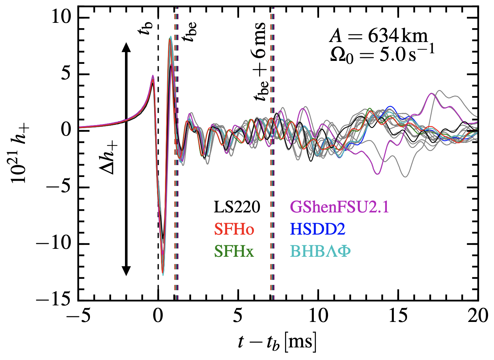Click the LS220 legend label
[x=237, y=207]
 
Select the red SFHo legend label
[x=234, y=229]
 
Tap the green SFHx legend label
[x=233, y=251]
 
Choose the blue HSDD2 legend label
[x=317, y=229]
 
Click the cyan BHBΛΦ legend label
[x=320, y=251]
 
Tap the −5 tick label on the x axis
[x=78, y=316]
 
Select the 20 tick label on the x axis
[x=477, y=316]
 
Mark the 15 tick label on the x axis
[x=398, y=316]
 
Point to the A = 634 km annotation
[x=379, y=36]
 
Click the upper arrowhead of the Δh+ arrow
[x=126, y=47]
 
